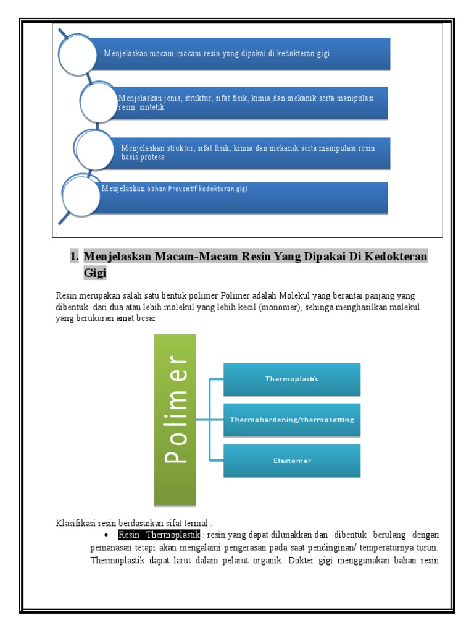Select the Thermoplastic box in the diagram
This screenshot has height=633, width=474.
point(292,379)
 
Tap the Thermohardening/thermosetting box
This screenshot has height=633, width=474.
point(292,420)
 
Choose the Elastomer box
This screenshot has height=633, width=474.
point(292,461)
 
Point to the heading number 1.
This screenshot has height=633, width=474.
point(73,256)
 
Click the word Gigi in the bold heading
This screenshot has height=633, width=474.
point(95,272)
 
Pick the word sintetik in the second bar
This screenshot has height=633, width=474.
point(152,108)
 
